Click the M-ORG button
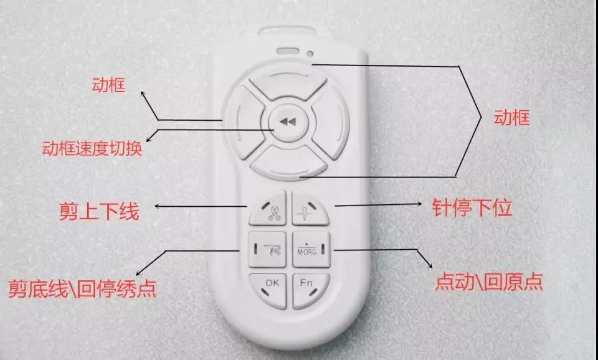pos(311,249)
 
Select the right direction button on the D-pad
pos(331,122)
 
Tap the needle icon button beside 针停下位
pos(310,208)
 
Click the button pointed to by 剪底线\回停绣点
pos(267,249)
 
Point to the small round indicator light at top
pos(310,54)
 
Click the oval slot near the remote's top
pos(288,51)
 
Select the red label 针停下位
pos(472,208)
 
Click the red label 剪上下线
pos(99,211)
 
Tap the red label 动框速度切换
pos(92,148)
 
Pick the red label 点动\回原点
pos(489,282)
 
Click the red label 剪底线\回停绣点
pos(82,289)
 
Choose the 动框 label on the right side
pos(512,118)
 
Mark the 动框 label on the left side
pos(108,85)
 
